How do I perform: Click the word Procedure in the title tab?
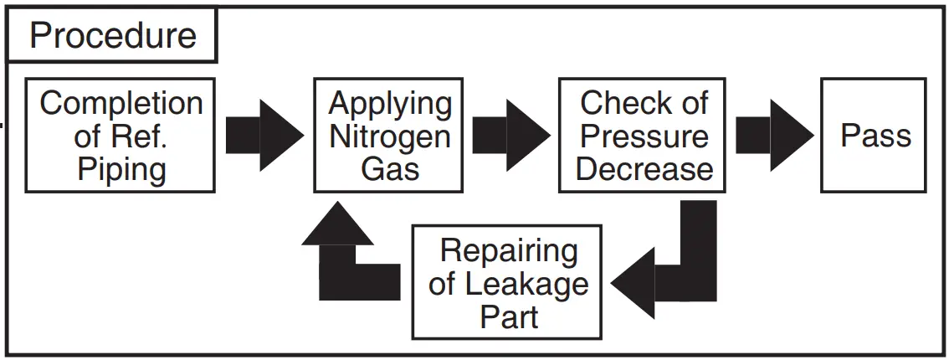click(113, 35)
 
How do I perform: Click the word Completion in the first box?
click(121, 104)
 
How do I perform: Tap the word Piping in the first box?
click(121, 169)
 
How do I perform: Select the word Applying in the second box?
click(390, 104)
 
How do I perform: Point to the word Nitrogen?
click(390, 136)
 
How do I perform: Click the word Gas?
click(390, 169)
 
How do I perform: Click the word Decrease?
click(644, 169)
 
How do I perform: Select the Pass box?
click(874, 136)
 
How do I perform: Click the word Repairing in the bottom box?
click(509, 250)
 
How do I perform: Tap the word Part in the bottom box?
click(509, 316)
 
